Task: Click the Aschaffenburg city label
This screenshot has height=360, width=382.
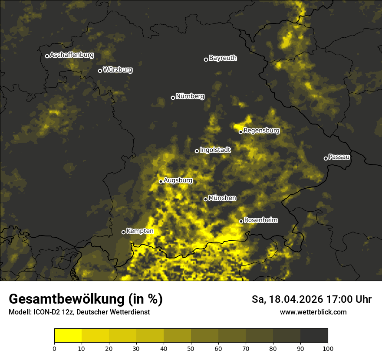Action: (72, 55)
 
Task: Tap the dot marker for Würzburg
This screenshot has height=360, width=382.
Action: (100, 71)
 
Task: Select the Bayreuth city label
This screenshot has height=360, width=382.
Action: (223, 58)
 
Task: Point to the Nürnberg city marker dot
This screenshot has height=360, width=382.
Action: (173, 98)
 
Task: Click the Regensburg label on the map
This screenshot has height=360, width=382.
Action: (261, 131)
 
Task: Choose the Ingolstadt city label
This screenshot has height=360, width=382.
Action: (215, 150)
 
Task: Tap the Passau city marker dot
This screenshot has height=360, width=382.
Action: (326, 158)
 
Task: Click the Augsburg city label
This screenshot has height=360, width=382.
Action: (178, 180)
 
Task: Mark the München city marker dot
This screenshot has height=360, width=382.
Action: (205, 199)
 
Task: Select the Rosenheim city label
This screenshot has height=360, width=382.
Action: (260, 220)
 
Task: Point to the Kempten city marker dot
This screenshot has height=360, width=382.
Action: (123, 232)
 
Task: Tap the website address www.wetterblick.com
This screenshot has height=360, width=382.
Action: (313, 312)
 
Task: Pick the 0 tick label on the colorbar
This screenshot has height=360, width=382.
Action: (54, 348)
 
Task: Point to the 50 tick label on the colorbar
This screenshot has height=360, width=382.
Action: (191, 348)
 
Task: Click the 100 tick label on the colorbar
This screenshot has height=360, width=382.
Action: (328, 348)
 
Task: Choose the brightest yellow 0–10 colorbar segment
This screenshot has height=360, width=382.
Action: (68, 335)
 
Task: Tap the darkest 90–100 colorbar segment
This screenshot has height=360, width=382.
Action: (314, 335)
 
